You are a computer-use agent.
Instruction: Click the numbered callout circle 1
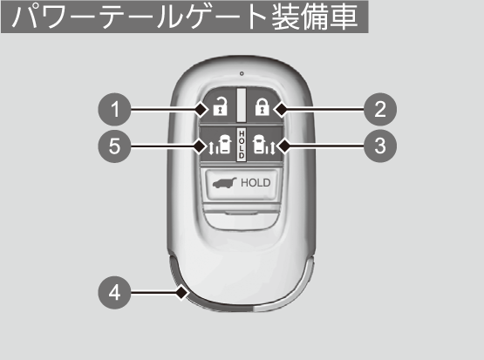tap(114, 109)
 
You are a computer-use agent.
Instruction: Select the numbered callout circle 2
tap(380, 109)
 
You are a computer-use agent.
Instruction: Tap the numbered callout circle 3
tap(380, 146)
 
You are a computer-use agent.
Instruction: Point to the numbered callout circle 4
tap(114, 292)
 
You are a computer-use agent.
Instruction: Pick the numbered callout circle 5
tap(114, 146)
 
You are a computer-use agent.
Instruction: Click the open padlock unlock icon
tap(220, 106)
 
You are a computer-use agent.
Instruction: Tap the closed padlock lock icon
tap(262, 106)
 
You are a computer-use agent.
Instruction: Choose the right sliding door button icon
tap(264, 145)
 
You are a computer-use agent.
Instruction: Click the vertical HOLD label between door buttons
tap(242, 145)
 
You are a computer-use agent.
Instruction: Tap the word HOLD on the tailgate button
tap(256, 183)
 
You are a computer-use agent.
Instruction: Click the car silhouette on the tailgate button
tap(224, 183)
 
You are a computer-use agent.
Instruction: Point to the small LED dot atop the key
tap(242, 73)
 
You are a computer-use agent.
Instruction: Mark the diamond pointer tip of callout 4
tap(182, 292)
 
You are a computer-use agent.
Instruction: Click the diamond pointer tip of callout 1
tap(201, 109)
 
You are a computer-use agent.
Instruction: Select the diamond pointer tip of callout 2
tap(282, 109)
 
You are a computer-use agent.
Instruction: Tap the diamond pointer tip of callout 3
tap(283, 146)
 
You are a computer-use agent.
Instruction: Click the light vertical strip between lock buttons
tap(242, 105)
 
